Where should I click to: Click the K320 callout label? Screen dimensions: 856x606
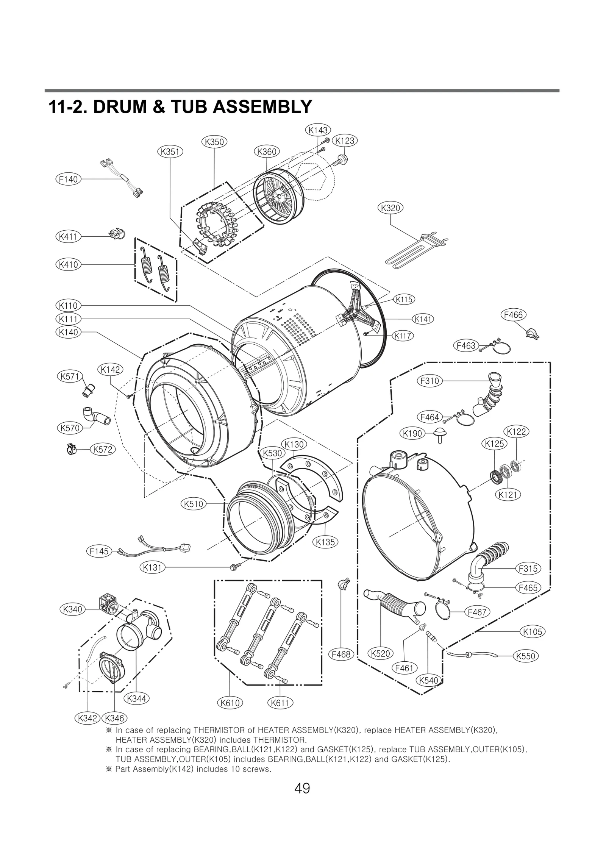click(x=390, y=208)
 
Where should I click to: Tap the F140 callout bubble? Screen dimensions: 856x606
click(x=69, y=179)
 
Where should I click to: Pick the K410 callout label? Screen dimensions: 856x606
click(x=69, y=264)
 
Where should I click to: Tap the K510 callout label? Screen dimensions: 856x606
click(x=194, y=504)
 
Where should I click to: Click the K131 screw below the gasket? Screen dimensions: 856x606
click(x=233, y=567)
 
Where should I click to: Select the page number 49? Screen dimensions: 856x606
click(x=302, y=789)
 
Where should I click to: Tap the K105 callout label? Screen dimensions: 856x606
click(x=533, y=632)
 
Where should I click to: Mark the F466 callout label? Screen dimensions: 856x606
click(x=514, y=315)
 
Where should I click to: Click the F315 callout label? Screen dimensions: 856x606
click(x=528, y=569)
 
